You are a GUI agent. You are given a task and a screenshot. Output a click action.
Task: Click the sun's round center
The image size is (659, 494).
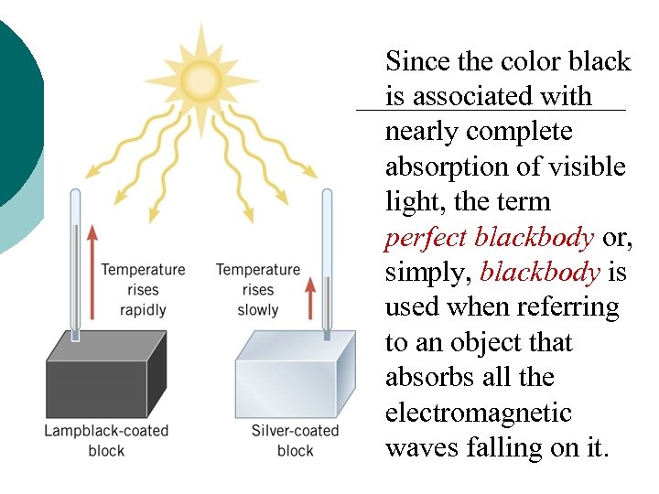pos(201,77)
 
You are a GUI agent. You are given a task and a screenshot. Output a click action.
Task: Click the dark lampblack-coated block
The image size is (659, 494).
pos(106,375)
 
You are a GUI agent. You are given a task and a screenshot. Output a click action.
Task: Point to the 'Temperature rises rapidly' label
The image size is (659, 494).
pos(143,289)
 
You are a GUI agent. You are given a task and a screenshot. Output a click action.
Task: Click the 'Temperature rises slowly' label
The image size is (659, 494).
pos(257,289)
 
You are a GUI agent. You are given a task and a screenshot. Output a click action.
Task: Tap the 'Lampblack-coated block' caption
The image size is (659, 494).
pos(106,439)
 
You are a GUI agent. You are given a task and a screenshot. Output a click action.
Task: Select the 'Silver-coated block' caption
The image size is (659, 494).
pos(295,439)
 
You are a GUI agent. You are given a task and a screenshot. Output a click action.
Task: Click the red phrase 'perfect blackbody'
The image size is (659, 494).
pos(489,238)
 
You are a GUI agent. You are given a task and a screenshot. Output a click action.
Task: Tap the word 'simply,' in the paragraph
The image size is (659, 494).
pos(428,273)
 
